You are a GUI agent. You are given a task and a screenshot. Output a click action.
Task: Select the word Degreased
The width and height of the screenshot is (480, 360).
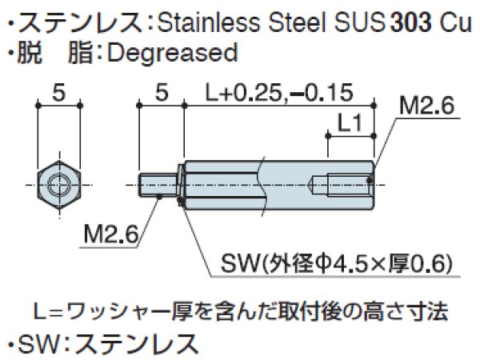tap(172, 54)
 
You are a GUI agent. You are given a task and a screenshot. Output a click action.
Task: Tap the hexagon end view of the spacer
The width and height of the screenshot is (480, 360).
tap(58, 186)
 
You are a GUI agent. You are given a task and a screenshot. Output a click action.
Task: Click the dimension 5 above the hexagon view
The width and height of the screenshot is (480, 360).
tap(58, 92)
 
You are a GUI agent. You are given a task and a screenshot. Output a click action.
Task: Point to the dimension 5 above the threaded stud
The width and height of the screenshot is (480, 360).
tap(161, 93)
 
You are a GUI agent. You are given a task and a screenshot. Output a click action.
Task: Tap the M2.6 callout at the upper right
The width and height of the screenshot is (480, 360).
tap(427, 104)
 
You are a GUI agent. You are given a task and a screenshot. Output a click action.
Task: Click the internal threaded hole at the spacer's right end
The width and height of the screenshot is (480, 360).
tap(352, 185)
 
